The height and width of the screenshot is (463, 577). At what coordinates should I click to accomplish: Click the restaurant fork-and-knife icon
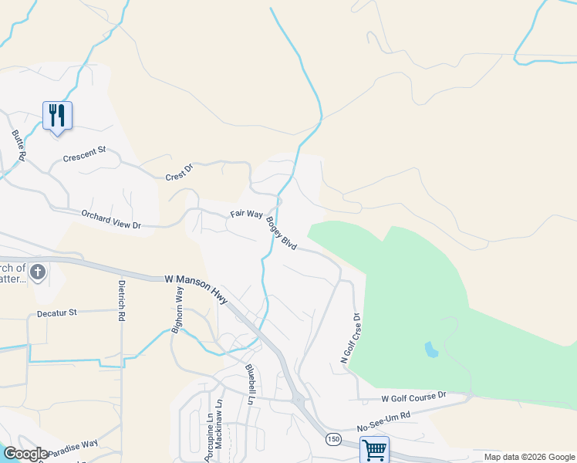pos(57,117)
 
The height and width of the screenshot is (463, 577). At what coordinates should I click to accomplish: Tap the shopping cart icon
pos(374,450)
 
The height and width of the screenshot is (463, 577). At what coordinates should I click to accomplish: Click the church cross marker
pos(39,272)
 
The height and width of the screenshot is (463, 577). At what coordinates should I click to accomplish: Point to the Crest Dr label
pos(178,176)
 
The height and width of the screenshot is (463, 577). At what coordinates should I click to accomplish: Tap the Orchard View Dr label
pos(112,219)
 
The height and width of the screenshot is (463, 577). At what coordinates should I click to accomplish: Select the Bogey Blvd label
pos(281,233)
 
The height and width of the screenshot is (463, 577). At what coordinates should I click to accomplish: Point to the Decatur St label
pos(57,313)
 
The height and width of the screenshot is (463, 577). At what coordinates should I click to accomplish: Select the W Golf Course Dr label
pos(413,397)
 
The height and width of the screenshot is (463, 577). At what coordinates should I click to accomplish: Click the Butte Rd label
pos(19,144)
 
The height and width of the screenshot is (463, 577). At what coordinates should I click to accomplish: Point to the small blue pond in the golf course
pos(431,350)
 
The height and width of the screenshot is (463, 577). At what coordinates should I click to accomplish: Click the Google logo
pos(25,453)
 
